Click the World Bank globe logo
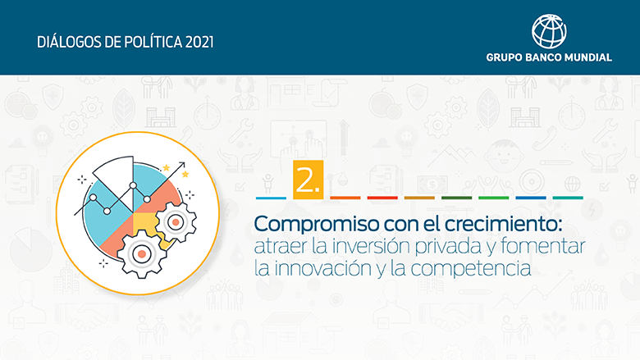[x=549, y=31]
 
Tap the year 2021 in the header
[x=199, y=42]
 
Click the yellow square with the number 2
[x=309, y=180]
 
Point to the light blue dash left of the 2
[x=271, y=198]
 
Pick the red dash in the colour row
[x=382, y=198]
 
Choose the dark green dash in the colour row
[x=457, y=198]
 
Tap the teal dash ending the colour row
[x=568, y=198]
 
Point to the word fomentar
[x=543, y=246]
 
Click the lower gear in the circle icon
[x=141, y=253]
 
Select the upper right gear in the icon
[x=176, y=222]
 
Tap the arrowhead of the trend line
[x=181, y=165]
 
